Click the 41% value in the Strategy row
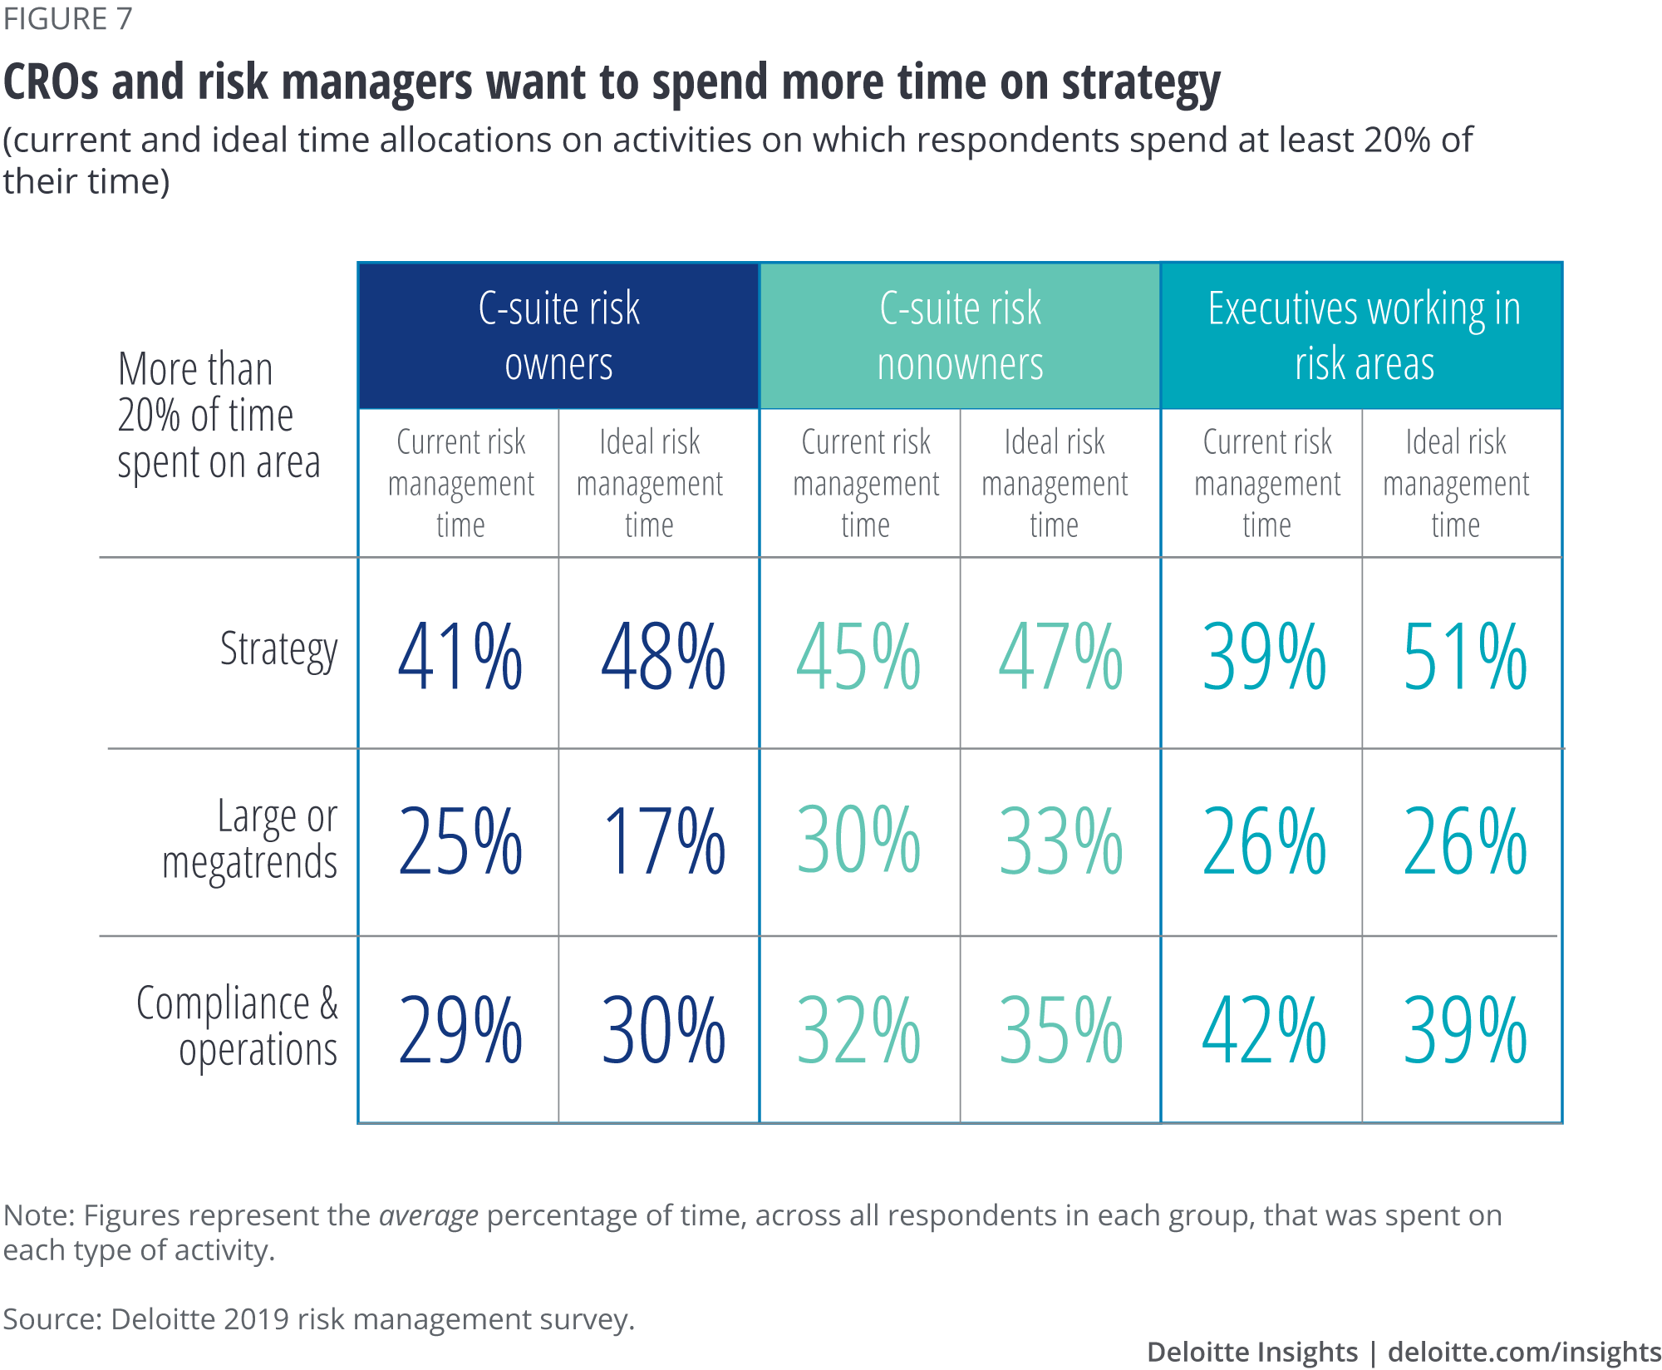pos(460,657)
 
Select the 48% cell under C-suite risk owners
pos(662,657)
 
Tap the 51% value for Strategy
pos(1464,657)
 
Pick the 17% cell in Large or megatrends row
pos(662,842)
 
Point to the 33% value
pos(1060,842)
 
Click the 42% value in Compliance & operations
pos(1263,1031)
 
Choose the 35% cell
pos(1060,1031)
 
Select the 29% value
pos(460,1031)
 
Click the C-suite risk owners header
pos(558,336)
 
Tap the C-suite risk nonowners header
pos(960,336)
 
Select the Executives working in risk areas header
pos(1363,336)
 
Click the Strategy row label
pos(278,650)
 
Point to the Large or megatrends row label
pos(250,840)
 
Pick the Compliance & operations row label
pos(238,1027)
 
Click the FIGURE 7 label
pos(67,18)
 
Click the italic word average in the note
pos(428,1215)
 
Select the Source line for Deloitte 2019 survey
pos(318,1319)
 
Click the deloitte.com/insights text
pos(1524,1352)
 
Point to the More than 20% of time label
pos(218,416)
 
